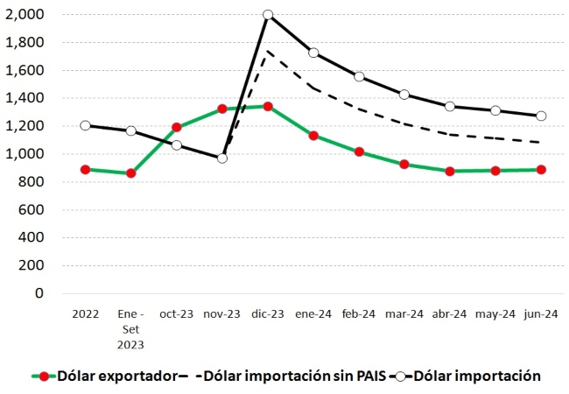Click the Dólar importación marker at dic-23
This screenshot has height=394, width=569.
[x=268, y=15]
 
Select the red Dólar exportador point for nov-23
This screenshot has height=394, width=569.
[x=222, y=109]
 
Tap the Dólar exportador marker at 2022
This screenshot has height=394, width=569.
[x=86, y=169]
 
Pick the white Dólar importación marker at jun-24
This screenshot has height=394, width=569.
[x=541, y=116]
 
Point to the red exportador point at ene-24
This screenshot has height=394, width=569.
[x=313, y=136]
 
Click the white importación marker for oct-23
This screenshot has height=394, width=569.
[x=177, y=144]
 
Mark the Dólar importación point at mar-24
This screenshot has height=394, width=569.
[x=404, y=95]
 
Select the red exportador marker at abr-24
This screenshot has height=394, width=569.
[x=450, y=171]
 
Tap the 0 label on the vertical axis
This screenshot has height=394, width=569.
[x=40, y=293]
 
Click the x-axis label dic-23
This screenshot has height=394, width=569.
[x=267, y=313]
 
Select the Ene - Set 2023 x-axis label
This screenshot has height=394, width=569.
[x=130, y=327]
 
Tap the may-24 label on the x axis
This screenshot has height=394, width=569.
[x=495, y=313]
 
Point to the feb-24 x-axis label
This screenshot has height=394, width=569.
[x=359, y=313]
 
